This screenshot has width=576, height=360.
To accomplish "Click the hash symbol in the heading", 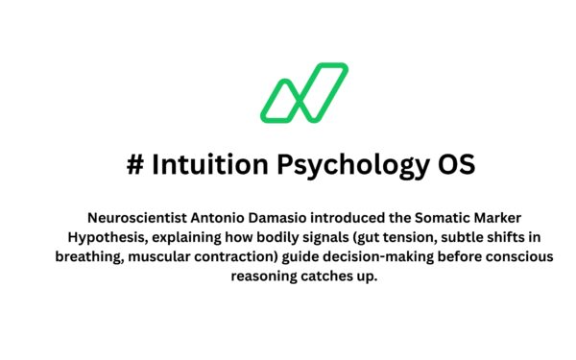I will click(135, 164).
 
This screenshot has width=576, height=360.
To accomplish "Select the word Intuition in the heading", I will click(205, 164).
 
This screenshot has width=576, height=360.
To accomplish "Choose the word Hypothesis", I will click(106, 237).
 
